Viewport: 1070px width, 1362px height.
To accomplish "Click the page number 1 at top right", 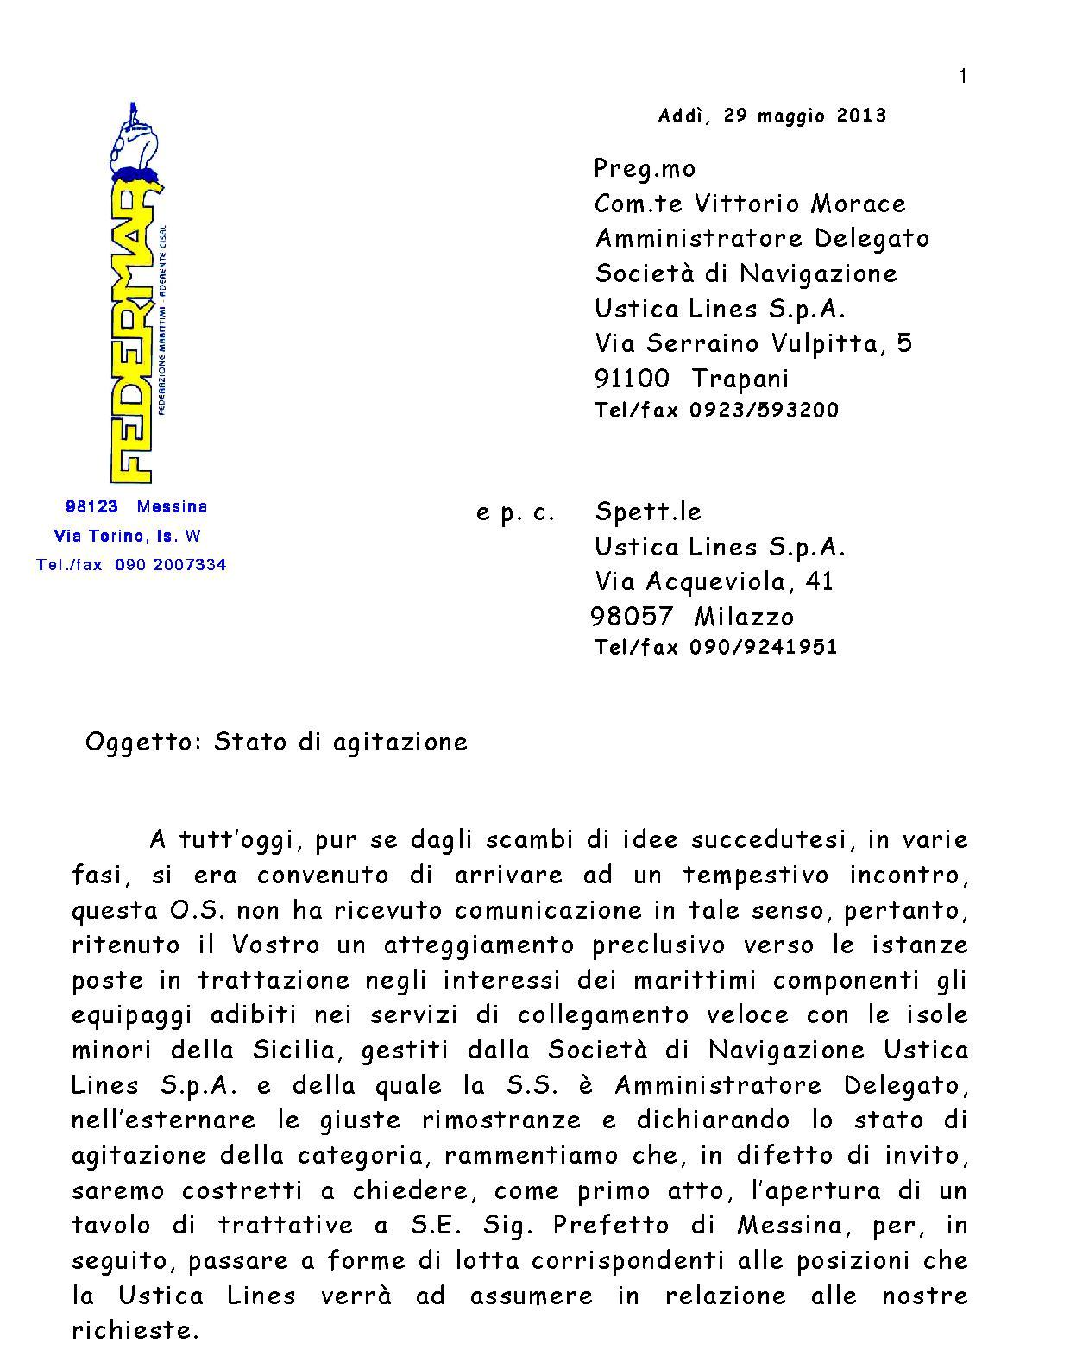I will click(962, 77).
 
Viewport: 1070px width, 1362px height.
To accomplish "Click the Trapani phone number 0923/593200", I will click(764, 410).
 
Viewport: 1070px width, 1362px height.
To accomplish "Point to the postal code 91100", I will click(632, 379).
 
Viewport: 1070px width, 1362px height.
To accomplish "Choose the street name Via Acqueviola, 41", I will click(714, 581).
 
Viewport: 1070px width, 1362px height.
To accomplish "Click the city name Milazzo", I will click(744, 617).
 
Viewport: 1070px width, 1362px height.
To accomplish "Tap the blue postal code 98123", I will click(91, 506).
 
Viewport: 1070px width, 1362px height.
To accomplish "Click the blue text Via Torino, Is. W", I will click(128, 536).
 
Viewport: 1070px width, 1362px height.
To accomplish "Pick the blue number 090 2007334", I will click(170, 565).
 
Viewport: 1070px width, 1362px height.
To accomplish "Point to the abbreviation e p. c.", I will click(515, 512).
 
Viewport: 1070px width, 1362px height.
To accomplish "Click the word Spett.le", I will click(648, 512).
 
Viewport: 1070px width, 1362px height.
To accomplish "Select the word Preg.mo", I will click(645, 168).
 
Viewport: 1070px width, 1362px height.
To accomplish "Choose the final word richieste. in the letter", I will click(135, 1330).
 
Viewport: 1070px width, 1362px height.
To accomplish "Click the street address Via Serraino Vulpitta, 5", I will click(753, 343).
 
